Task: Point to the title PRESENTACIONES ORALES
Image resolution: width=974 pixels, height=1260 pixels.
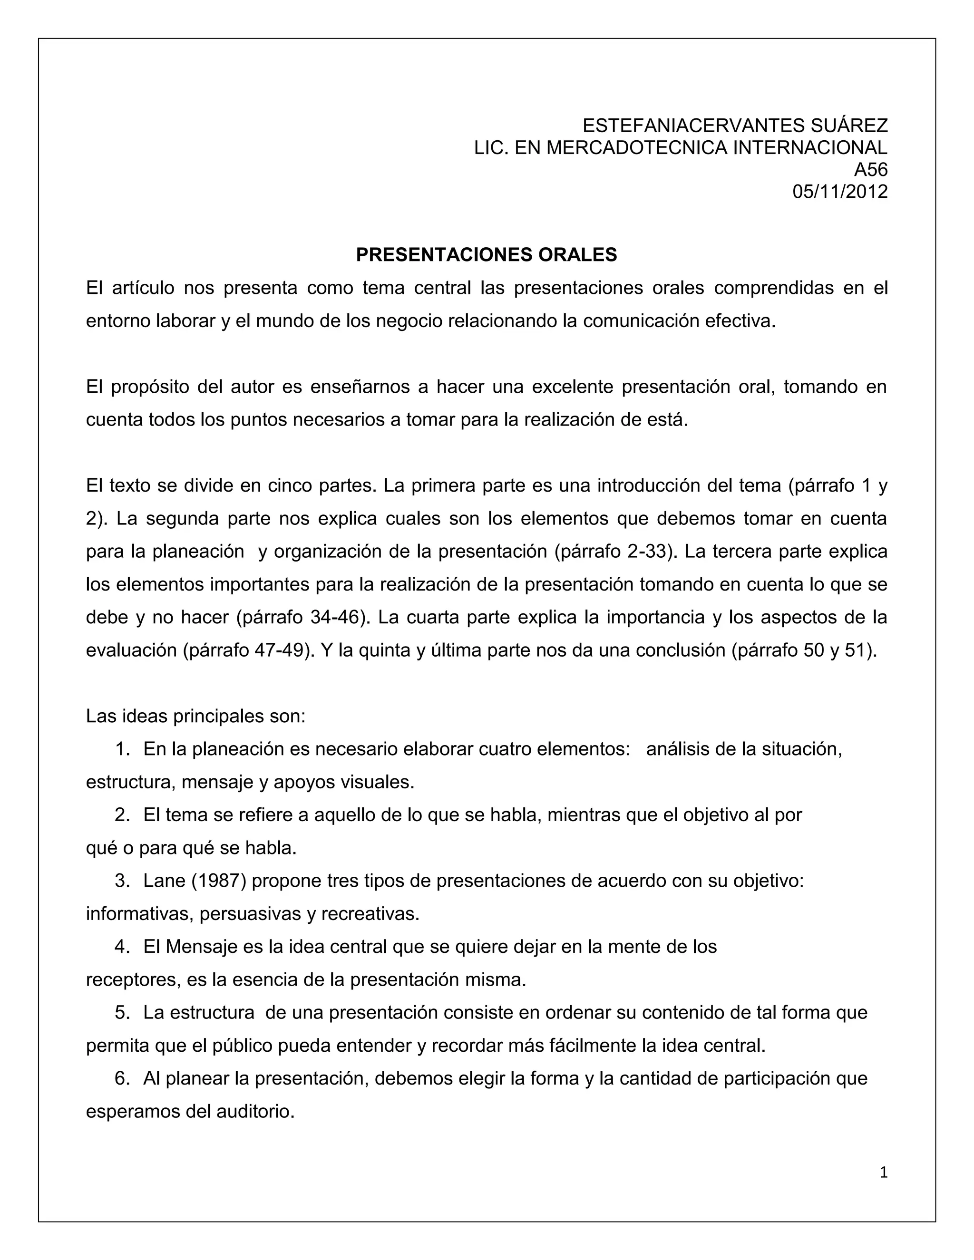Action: coord(487,254)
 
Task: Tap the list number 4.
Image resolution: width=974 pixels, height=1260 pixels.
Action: coord(121,947)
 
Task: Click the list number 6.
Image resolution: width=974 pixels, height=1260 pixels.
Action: coord(121,1078)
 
